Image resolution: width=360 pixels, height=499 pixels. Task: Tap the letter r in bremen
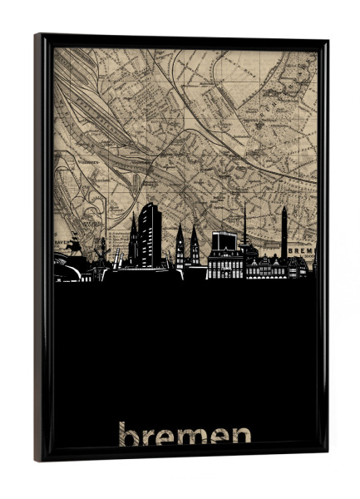coord(150,437)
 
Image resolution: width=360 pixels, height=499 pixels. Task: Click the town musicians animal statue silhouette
coord(74,246)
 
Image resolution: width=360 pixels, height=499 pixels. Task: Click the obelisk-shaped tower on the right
coord(284,233)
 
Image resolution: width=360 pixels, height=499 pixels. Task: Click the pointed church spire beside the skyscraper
coord(133,241)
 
